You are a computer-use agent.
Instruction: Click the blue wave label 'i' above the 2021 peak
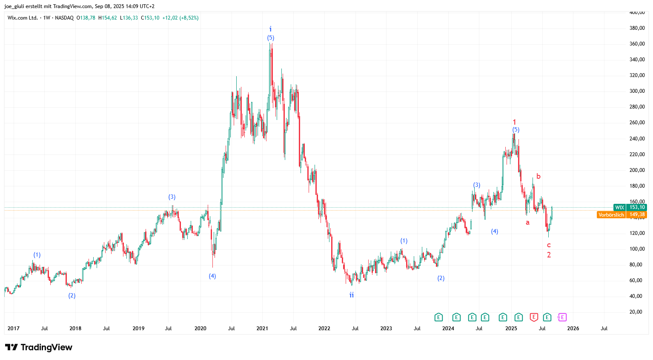(270, 29)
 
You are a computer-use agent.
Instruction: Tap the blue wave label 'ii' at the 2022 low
(352, 295)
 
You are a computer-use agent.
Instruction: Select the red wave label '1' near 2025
(514, 122)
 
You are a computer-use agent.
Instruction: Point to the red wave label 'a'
(527, 223)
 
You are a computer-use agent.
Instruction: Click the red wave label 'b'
(538, 176)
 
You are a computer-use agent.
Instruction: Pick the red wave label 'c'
(549, 245)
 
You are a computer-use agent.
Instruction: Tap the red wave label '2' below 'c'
(549, 255)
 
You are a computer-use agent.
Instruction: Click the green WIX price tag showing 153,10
(630, 207)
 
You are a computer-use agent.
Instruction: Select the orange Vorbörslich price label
(621, 215)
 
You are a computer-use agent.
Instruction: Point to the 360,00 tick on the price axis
(637, 44)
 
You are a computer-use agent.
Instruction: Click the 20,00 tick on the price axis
(637, 312)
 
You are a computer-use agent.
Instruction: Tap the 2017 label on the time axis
(13, 329)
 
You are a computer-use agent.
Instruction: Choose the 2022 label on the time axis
(324, 329)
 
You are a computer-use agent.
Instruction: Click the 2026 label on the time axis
(573, 329)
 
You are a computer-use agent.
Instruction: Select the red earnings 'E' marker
(534, 317)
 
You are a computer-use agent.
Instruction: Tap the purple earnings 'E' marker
(562, 317)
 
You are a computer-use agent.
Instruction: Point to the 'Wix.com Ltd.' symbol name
(23, 18)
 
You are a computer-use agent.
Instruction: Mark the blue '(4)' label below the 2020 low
(212, 276)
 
